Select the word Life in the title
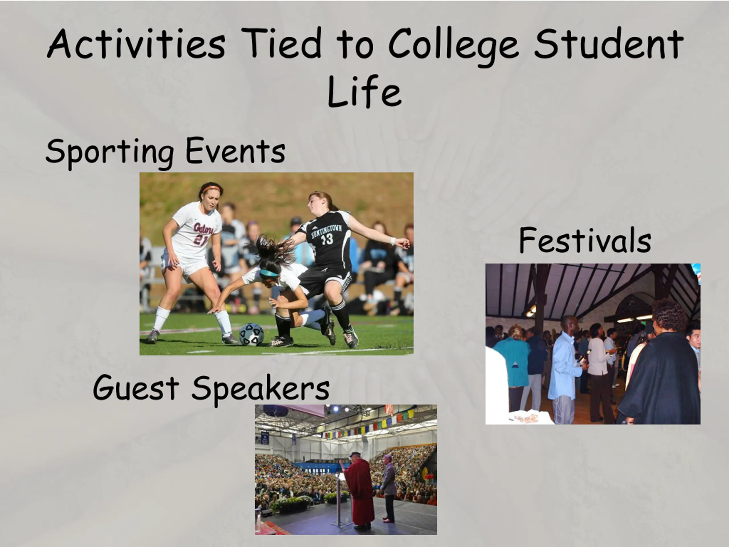(364, 91)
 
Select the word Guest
(136, 387)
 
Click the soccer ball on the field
(251, 334)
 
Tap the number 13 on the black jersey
(327, 239)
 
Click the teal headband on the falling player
(269, 273)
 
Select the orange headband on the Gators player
(211, 189)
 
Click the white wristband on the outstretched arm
(393, 241)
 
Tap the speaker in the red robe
(359, 491)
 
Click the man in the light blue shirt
(565, 369)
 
